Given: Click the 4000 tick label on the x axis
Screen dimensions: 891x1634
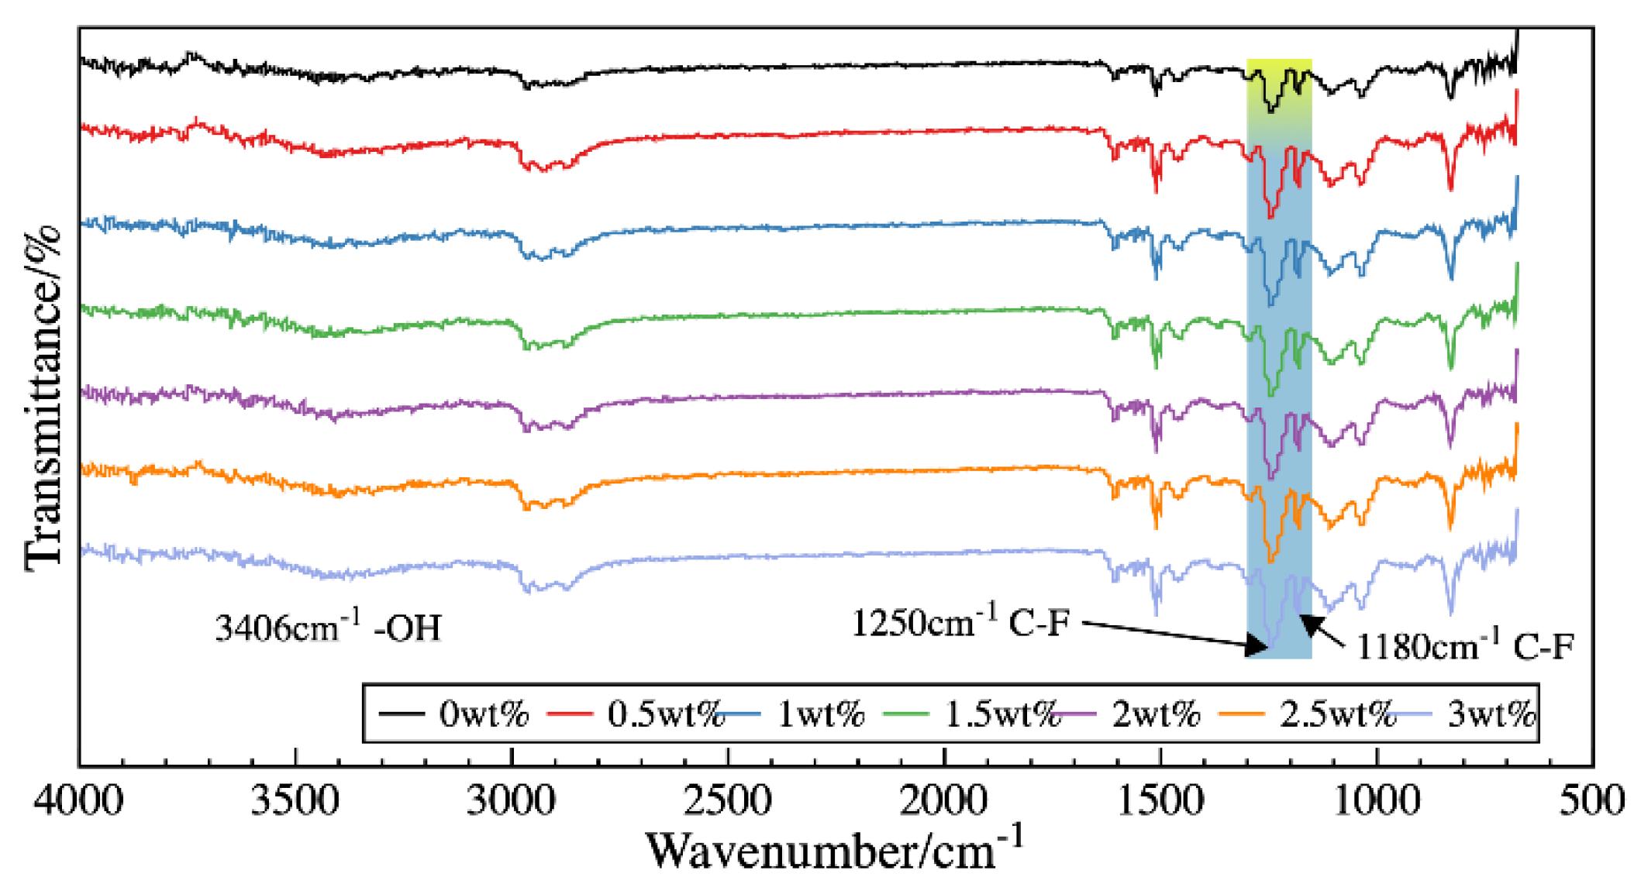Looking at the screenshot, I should coord(78,800).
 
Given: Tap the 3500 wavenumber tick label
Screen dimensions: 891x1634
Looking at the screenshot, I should coord(295,800).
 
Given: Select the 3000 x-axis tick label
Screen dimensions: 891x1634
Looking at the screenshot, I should coord(511,800).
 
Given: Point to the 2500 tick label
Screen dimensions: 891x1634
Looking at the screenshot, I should coord(727,800).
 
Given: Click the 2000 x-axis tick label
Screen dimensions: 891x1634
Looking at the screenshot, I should coord(944,800).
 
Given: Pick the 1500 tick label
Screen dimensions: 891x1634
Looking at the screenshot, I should coord(1160,800).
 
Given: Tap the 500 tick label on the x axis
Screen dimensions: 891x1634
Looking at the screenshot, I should coord(1592,800).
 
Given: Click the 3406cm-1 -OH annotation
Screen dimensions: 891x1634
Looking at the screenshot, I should coord(328,626).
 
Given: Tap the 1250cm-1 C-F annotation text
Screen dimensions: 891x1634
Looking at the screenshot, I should coord(961,621).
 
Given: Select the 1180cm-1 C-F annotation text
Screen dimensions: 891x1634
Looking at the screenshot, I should coord(1465,645).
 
